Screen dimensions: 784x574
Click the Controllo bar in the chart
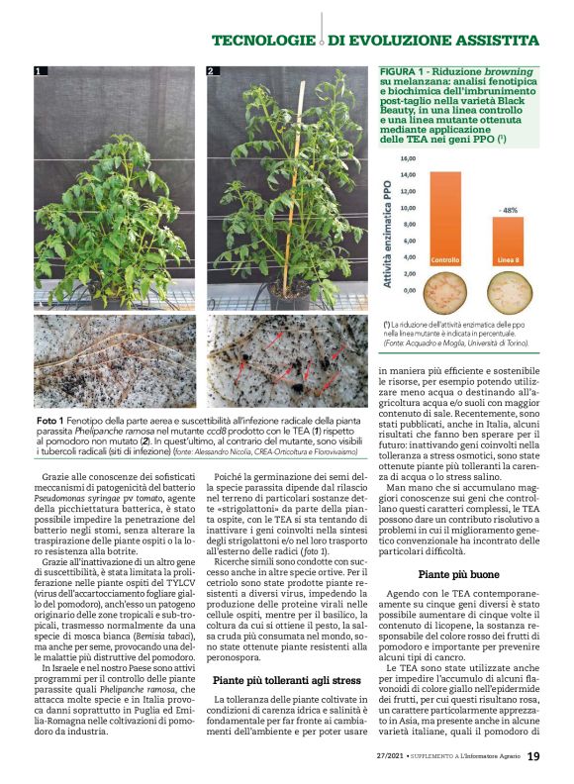coord(431,218)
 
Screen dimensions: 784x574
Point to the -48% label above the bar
coord(509,210)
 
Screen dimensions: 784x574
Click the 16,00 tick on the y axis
coord(408,157)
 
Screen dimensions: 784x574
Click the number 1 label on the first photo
coord(39,71)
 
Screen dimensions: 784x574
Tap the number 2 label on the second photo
coord(211,71)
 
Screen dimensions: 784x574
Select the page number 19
coord(533,757)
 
